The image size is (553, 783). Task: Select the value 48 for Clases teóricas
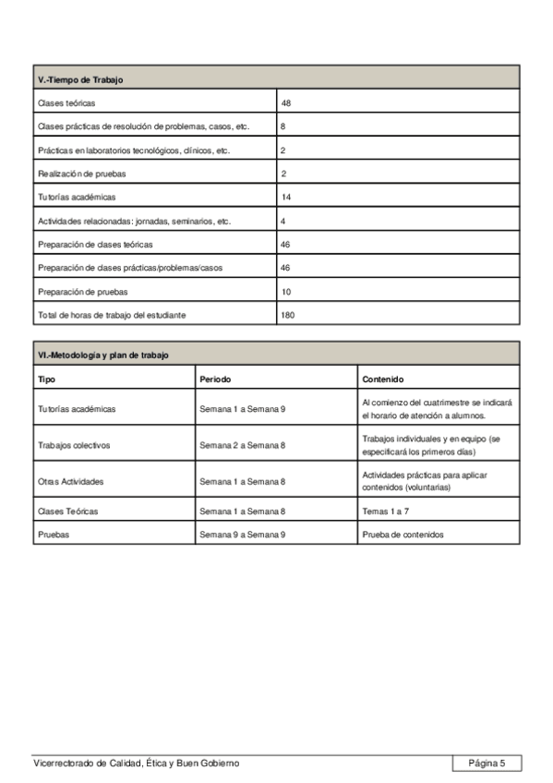(x=286, y=103)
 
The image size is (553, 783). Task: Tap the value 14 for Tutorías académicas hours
(x=286, y=198)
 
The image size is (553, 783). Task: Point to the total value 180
(x=288, y=315)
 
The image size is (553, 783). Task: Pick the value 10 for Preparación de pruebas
(x=286, y=292)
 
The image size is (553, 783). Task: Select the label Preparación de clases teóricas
(x=95, y=245)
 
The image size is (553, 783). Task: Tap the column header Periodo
(x=215, y=379)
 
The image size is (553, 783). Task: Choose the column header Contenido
(x=383, y=379)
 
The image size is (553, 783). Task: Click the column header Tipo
(x=46, y=379)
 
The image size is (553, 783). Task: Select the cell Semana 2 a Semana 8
(x=242, y=444)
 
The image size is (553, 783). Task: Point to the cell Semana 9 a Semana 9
(x=242, y=535)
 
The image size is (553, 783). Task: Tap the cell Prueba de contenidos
(x=403, y=535)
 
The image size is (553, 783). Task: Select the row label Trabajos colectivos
(x=74, y=444)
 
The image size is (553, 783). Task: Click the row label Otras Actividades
(x=71, y=481)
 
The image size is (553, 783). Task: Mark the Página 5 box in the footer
(x=487, y=763)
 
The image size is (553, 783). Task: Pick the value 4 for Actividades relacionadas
(x=283, y=222)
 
